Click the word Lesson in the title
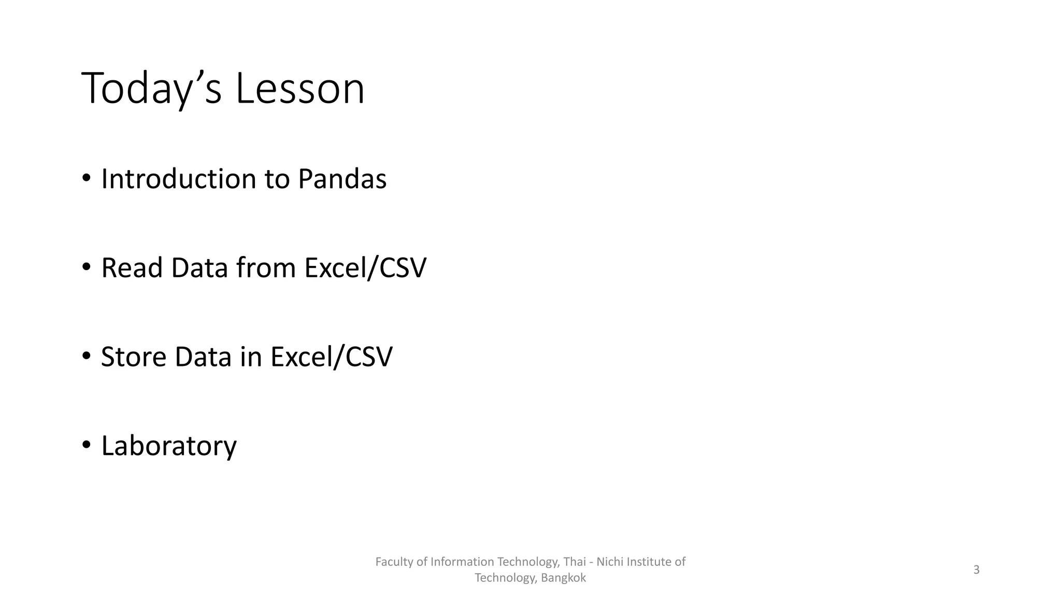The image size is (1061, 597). coord(300,89)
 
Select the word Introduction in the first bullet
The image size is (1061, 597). coord(178,179)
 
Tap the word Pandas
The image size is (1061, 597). coord(342,179)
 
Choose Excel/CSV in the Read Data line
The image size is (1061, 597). coord(365,268)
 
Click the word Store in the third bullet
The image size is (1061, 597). coord(134,358)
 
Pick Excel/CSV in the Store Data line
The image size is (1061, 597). coord(332,358)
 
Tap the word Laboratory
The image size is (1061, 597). coord(169,446)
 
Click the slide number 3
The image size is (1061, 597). coord(976,570)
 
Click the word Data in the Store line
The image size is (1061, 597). coord(203,358)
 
